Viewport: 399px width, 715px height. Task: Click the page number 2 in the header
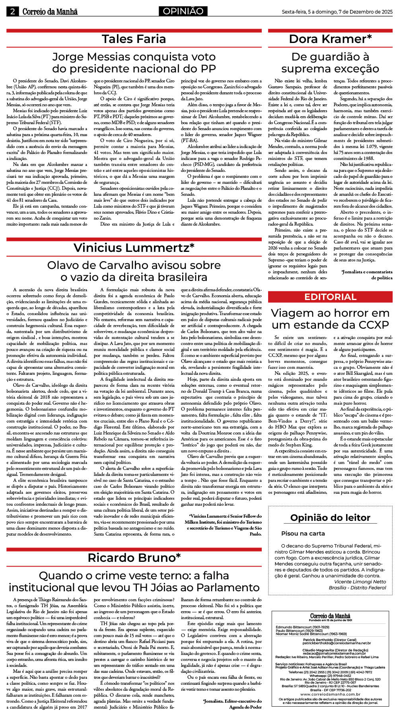click(12, 12)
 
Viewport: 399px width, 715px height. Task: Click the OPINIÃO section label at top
click(183, 12)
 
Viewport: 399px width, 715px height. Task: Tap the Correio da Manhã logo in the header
click(50, 12)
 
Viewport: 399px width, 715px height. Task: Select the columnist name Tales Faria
click(134, 39)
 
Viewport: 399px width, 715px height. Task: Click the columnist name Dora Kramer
click(330, 39)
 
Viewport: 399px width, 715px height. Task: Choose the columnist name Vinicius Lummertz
click(134, 247)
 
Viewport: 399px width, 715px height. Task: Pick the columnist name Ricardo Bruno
click(134, 557)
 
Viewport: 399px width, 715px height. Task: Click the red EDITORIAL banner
click(330, 297)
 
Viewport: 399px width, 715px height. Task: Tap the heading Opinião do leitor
click(330, 518)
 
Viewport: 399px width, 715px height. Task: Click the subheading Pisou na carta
click(303, 533)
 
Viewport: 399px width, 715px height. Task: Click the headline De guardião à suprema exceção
click(330, 62)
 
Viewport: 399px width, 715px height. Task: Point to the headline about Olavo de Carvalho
click(134, 271)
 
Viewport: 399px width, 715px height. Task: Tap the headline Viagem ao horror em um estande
click(330, 319)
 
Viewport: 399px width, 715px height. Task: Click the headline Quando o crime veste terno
click(134, 581)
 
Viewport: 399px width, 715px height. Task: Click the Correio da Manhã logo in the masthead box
click(330, 616)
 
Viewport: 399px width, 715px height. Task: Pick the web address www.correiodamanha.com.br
click(330, 694)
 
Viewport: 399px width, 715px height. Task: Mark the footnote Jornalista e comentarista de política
click(366, 275)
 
